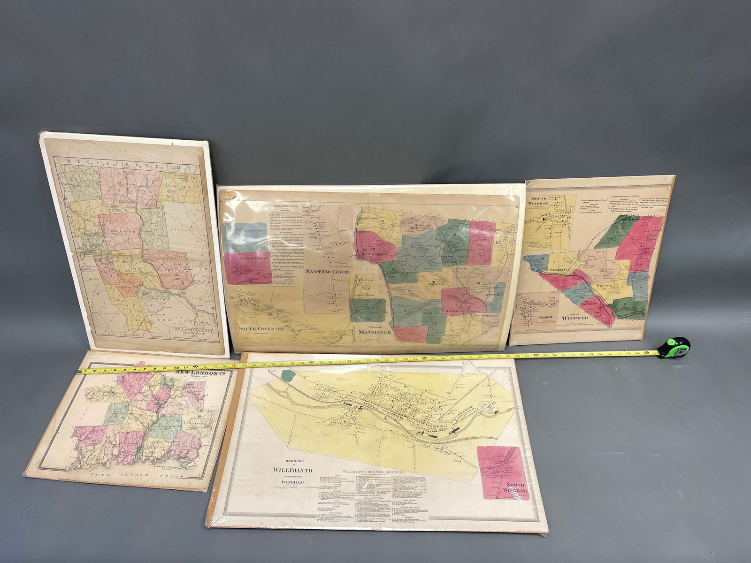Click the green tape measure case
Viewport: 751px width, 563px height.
click(x=674, y=347)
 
